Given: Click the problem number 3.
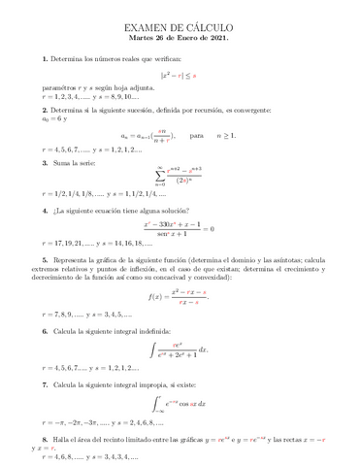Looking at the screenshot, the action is coord(45,163).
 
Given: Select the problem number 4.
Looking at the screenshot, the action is coord(45,210).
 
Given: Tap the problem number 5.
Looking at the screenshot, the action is coord(45,261).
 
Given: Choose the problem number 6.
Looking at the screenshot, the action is coord(45,332).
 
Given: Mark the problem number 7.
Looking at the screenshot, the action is coord(45,384).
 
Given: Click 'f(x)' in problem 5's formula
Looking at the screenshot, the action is coord(157,296).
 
